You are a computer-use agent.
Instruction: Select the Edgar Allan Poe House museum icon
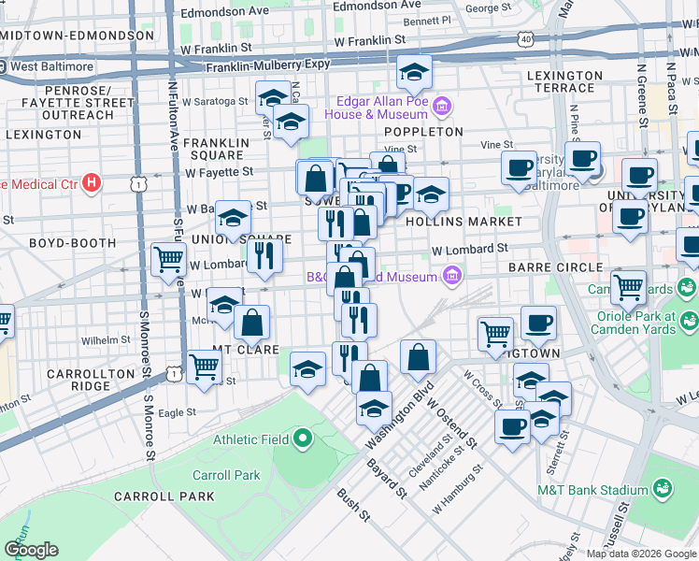(442, 107)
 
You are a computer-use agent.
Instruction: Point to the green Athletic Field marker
(303, 439)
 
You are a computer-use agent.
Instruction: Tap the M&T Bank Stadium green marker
(663, 489)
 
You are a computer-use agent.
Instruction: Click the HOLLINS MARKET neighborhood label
(464, 222)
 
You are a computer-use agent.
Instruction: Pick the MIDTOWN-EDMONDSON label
(77, 35)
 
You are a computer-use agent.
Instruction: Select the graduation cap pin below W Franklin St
(413, 71)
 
